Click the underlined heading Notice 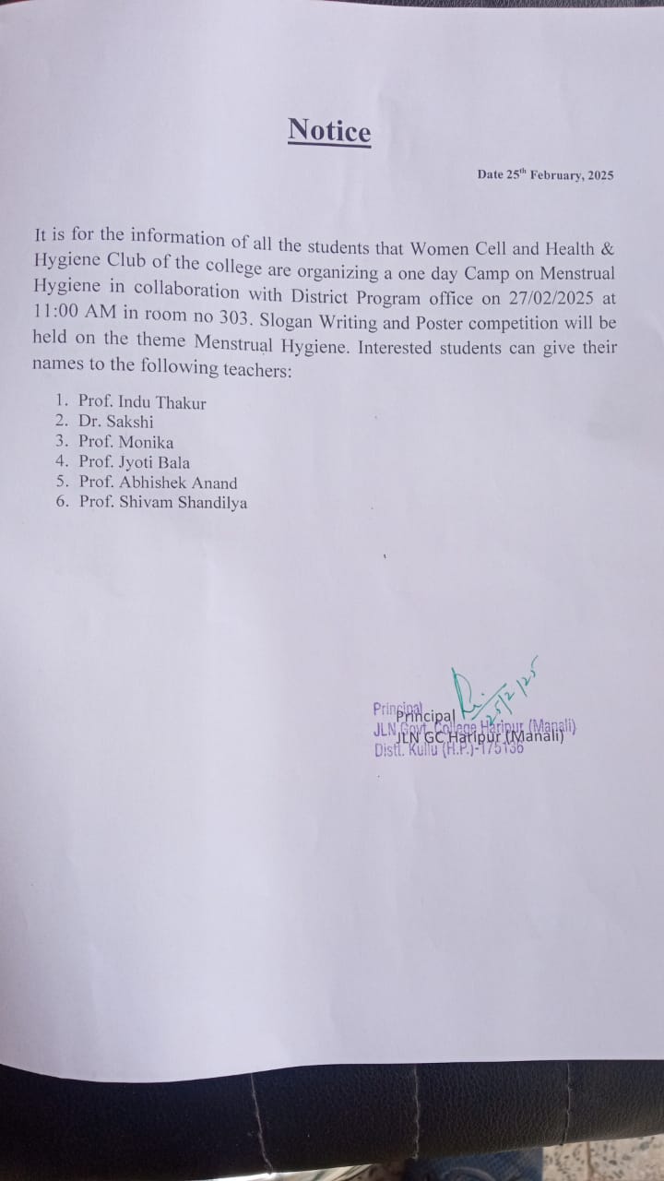(329, 131)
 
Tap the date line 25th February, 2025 (545, 174)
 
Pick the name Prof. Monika (125, 442)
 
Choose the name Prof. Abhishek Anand (157, 483)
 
